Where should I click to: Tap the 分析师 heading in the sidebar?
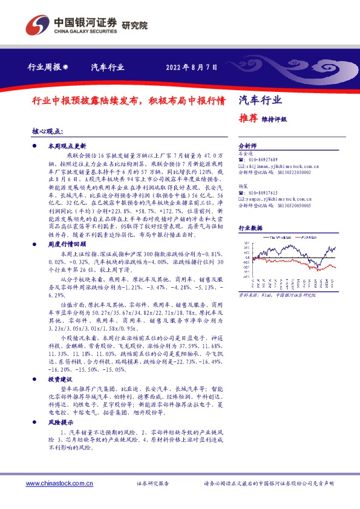pyautogui.click(x=247, y=147)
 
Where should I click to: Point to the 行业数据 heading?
pyautogui.click(x=250, y=229)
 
